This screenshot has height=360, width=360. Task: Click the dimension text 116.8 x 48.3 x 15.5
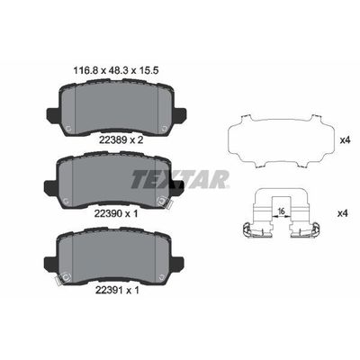click(x=116, y=70)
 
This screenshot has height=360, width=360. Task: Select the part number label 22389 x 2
click(x=119, y=139)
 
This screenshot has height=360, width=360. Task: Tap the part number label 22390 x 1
click(x=116, y=213)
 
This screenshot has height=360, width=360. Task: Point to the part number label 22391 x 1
click(x=117, y=290)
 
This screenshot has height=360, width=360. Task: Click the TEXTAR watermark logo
click(x=180, y=179)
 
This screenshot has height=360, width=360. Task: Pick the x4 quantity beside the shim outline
click(x=345, y=140)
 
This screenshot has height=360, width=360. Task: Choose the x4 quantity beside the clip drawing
click(x=342, y=213)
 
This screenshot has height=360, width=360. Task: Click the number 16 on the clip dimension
click(x=281, y=211)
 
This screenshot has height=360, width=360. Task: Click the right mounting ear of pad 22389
click(x=179, y=115)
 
